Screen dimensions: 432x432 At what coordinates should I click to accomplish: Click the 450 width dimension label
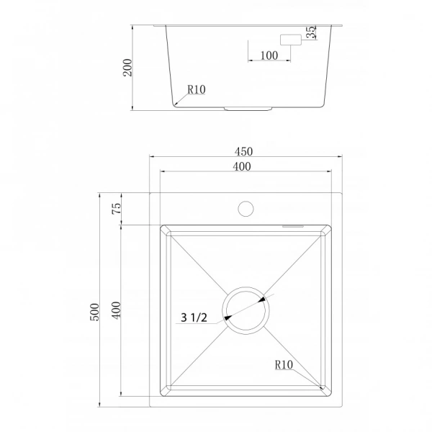(243, 151)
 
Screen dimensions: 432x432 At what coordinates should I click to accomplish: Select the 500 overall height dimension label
(94, 312)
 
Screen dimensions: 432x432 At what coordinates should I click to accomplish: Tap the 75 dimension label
(117, 208)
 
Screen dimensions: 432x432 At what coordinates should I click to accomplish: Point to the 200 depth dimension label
(127, 68)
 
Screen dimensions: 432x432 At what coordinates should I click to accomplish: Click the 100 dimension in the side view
(269, 55)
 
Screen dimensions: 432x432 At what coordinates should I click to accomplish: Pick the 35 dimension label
(311, 32)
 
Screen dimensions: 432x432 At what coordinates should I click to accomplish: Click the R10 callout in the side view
(197, 89)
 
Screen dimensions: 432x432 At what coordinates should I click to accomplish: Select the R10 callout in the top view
(284, 365)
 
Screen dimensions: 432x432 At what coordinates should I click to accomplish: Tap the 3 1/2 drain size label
(194, 318)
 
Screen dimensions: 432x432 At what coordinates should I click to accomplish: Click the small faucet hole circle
(246, 209)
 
